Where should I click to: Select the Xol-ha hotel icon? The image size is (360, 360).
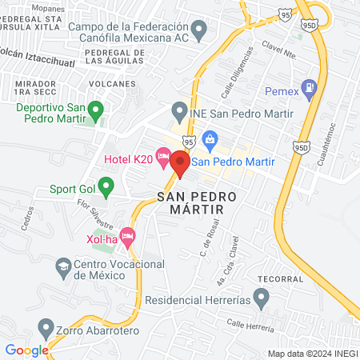pyautogui.click(x=128, y=237)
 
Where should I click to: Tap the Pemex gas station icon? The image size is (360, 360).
pyautogui.click(x=310, y=90)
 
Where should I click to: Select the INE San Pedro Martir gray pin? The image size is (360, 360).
pyautogui.click(x=178, y=110)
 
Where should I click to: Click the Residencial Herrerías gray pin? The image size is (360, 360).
pyautogui.click(x=261, y=299)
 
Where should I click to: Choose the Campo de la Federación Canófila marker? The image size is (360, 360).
pyautogui.click(x=200, y=31)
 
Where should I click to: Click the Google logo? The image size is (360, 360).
pyautogui.click(x=26, y=350)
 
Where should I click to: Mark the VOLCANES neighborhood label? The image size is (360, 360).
pyautogui.click(x=107, y=83)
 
